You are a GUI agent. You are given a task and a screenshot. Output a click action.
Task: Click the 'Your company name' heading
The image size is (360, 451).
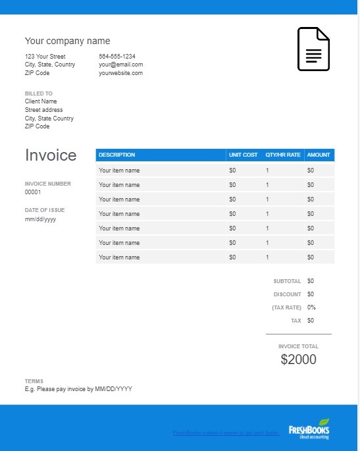pyautogui.click(x=67, y=41)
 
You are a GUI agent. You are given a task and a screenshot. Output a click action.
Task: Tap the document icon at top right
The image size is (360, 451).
pyautogui.click(x=313, y=49)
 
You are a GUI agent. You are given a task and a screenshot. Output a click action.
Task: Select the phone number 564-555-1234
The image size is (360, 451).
pyautogui.click(x=117, y=57)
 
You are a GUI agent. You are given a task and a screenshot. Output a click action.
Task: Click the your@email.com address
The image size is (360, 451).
pyautogui.click(x=121, y=65)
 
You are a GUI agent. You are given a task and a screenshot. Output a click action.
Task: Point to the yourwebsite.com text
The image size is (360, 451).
pyautogui.click(x=121, y=73)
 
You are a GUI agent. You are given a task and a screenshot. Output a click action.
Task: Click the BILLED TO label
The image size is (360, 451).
pyautogui.click(x=39, y=93)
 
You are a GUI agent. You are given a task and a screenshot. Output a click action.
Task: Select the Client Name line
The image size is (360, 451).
pyautogui.click(x=41, y=101)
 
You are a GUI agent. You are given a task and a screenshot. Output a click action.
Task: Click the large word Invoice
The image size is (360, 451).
pyautogui.click(x=51, y=155)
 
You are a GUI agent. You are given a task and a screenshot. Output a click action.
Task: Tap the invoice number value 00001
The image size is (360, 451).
pyautogui.click(x=33, y=192)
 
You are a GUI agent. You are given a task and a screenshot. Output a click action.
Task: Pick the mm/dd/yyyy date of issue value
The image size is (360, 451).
pyautogui.click(x=40, y=219)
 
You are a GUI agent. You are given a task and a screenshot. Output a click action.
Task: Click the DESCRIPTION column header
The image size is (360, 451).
pyautogui.click(x=116, y=155)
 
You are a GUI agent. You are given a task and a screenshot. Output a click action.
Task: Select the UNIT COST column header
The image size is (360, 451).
pyautogui.click(x=243, y=155)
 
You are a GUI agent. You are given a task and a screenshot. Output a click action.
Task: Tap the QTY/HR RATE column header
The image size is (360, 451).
pyautogui.click(x=283, y=155)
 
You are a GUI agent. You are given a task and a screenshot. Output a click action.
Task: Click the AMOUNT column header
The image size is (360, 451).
pyautogui.click(x=319, y=155)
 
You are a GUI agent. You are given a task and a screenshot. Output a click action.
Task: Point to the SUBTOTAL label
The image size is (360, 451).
pyautogui.click(x=287, y=281)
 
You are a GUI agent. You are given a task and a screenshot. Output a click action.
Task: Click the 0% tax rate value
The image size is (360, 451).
pyautogui.click(x=311, y=307)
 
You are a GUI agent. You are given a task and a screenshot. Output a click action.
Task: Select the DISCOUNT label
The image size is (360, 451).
pyautogui.click(x=287, y=294)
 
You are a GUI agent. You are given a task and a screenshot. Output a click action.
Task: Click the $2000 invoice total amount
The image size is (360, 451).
pyautogui.click(x=298, y=359)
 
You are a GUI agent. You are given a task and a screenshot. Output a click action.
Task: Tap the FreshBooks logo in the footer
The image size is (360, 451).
pyautogui.click(x=309, y=429)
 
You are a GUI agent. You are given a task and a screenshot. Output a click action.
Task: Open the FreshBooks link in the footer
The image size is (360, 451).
pyautogui.click(x=226, y=433)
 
